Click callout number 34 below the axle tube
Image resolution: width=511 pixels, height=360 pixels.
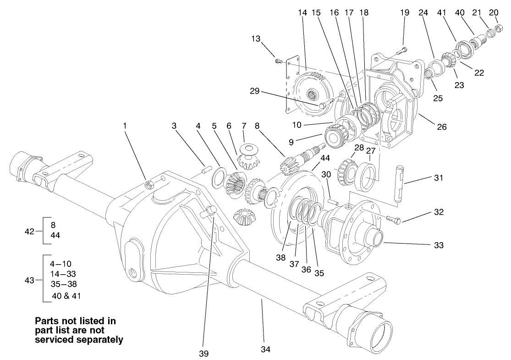point(266,349)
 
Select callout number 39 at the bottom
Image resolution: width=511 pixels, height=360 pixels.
point(204,353)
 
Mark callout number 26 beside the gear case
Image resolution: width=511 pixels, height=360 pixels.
point(441,127)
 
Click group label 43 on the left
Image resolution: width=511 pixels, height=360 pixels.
point(30,279)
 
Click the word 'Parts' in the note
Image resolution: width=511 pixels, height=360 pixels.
point(48,321)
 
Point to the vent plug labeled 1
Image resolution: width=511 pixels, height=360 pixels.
point(149,184)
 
